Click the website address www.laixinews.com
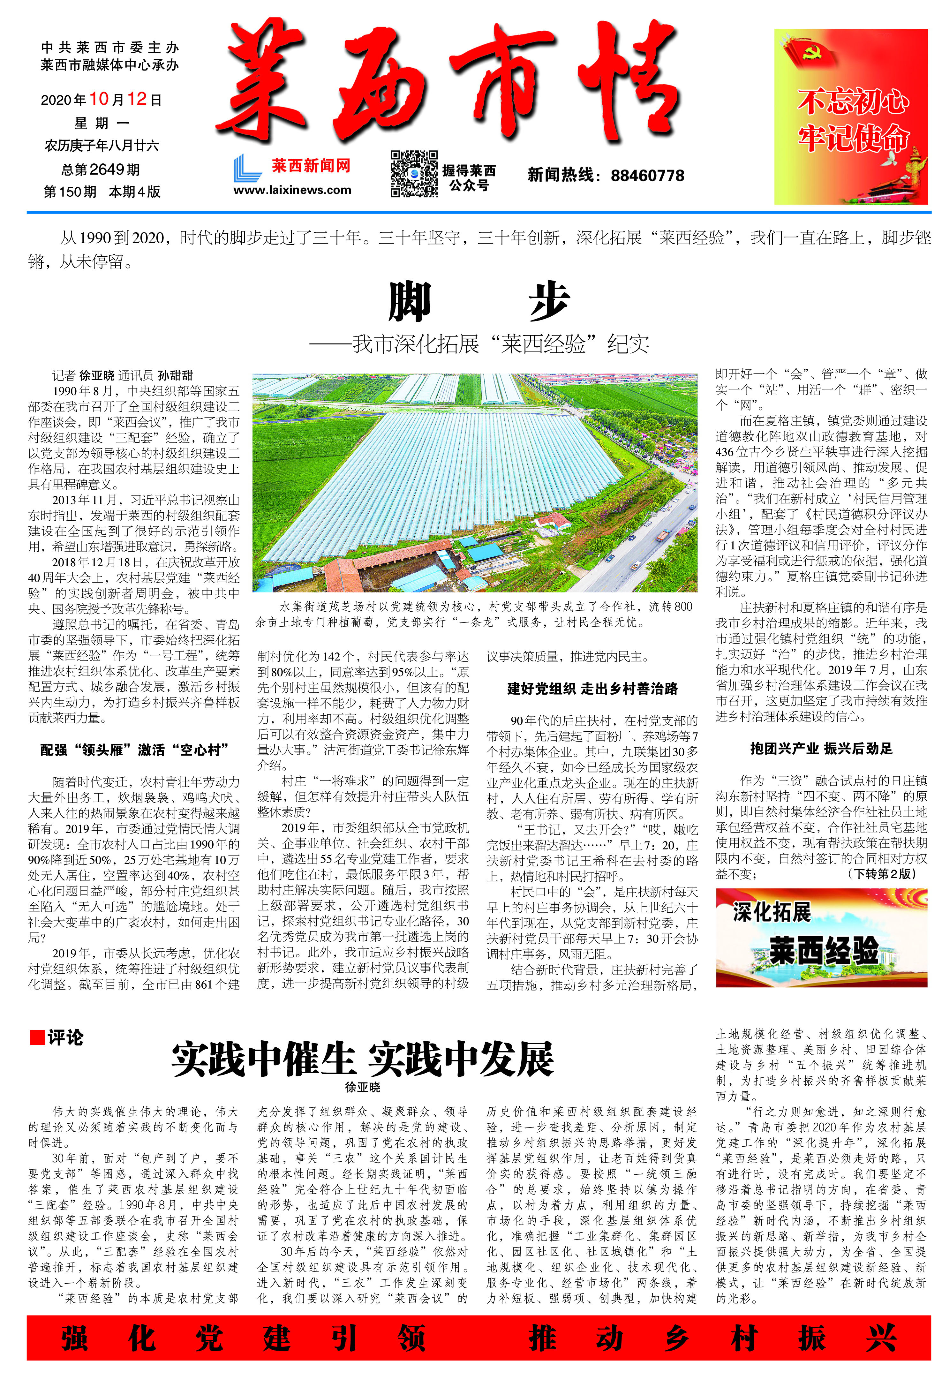tap(292, 190)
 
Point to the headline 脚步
tap(479, 302)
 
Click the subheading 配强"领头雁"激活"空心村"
tap(134, 750)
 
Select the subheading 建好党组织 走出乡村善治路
tap(592, 689)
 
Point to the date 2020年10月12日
tap(101, 99)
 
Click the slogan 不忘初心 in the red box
tap(852, 101)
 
